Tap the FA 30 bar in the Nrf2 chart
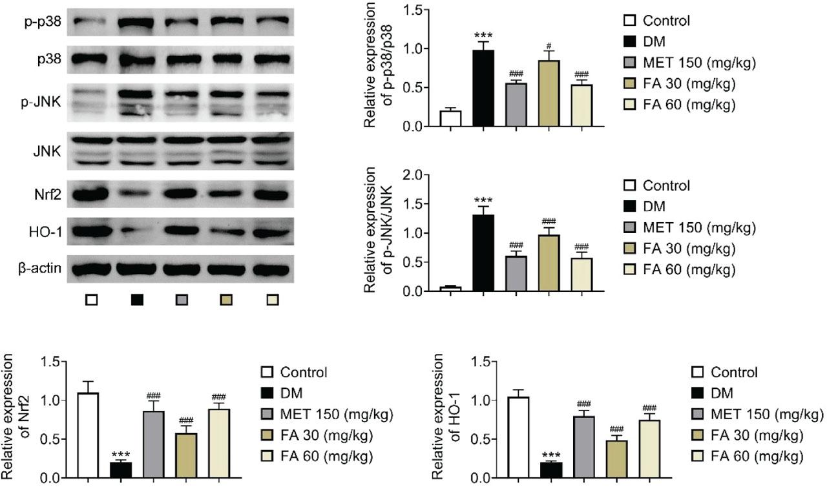[x=186, y=455]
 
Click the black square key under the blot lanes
[x=137, y=300]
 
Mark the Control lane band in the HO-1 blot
[x=90, y=231]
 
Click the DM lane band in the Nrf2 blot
[x=138, y=193]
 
